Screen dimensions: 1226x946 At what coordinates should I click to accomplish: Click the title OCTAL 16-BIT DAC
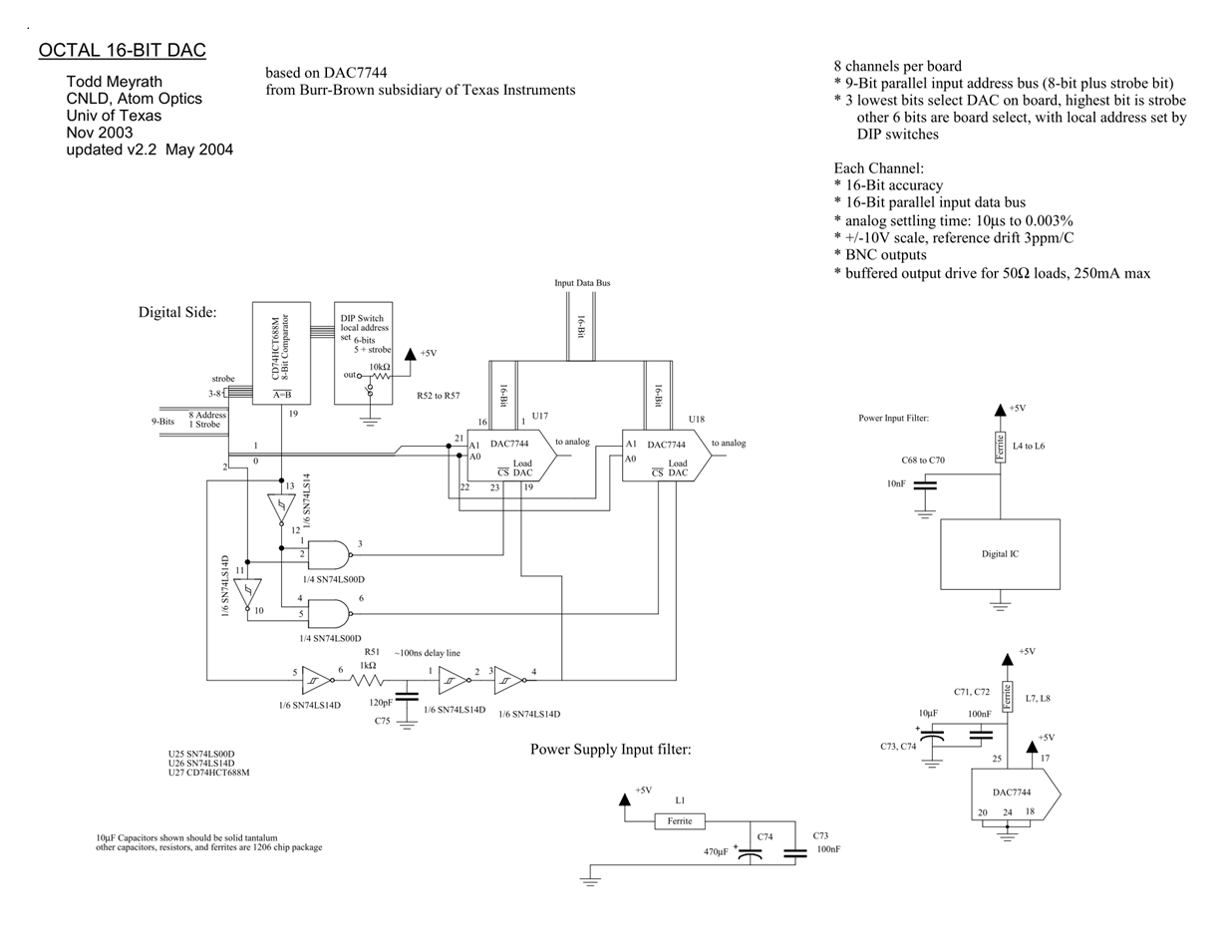click(122, 50)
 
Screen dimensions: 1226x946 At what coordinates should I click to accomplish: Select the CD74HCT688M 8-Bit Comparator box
click(281, 353)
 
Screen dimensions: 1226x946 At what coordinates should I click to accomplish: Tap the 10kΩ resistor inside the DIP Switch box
click(380, 376)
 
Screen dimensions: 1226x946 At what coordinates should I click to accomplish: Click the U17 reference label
click(539, 416)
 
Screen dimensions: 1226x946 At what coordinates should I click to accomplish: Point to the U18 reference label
click(696, 419)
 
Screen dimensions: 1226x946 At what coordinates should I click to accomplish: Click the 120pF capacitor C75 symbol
click(407, 697)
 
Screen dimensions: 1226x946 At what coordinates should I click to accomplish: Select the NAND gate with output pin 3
click(330, 554)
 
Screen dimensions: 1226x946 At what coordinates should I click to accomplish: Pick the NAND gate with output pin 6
click(330, 614)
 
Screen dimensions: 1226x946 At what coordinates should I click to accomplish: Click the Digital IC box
click(1000, 554)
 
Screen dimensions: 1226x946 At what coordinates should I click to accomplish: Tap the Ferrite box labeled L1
click(680, 821)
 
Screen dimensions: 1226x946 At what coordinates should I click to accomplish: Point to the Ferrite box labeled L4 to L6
click(1001, 448)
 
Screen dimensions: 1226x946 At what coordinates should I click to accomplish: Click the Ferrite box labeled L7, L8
click(1007, 697)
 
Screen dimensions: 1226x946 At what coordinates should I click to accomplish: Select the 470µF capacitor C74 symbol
click(751, 854)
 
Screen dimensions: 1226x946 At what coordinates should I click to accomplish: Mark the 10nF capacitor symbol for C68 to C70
click(925, 485)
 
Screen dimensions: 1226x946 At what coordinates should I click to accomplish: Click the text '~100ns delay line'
click(427, 653)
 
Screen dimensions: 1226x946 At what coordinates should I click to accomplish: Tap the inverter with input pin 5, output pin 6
click(318, 680)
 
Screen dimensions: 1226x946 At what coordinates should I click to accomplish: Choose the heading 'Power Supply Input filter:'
click(610, 750)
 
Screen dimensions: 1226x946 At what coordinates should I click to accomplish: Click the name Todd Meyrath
click(114, 82)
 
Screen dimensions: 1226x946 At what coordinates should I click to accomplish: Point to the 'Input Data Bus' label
click(582, 283)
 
